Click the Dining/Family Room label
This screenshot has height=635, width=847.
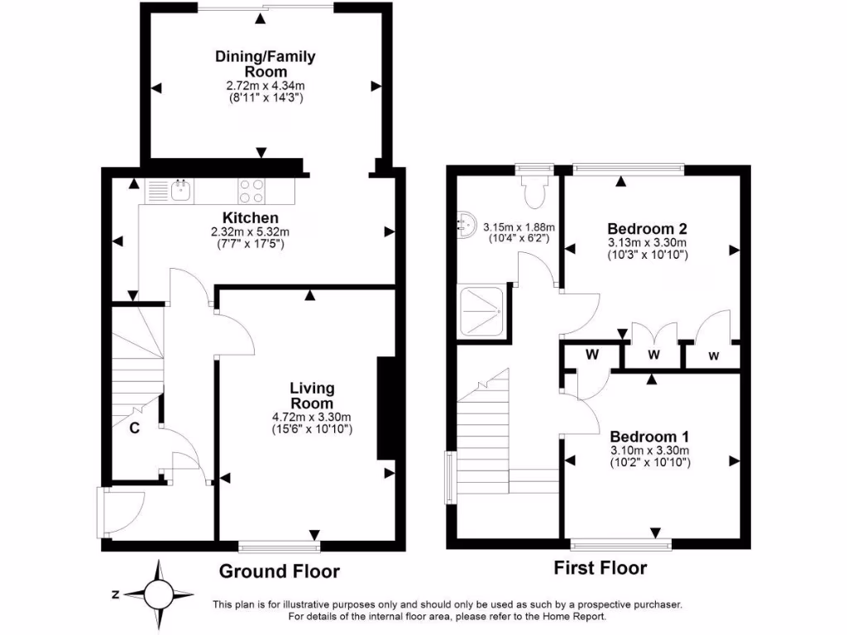265,64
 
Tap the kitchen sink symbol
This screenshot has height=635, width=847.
180,191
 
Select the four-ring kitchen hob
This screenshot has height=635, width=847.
251,191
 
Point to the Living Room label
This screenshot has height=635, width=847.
312,395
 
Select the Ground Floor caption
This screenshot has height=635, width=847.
279,571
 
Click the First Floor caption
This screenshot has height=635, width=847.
600,568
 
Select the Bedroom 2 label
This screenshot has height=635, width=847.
648,228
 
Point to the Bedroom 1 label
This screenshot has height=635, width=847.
649,437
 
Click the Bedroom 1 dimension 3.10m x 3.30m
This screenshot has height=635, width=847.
649,451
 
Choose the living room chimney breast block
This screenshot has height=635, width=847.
385,408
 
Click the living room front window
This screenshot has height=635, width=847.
279,545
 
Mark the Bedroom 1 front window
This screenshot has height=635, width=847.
621,544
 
